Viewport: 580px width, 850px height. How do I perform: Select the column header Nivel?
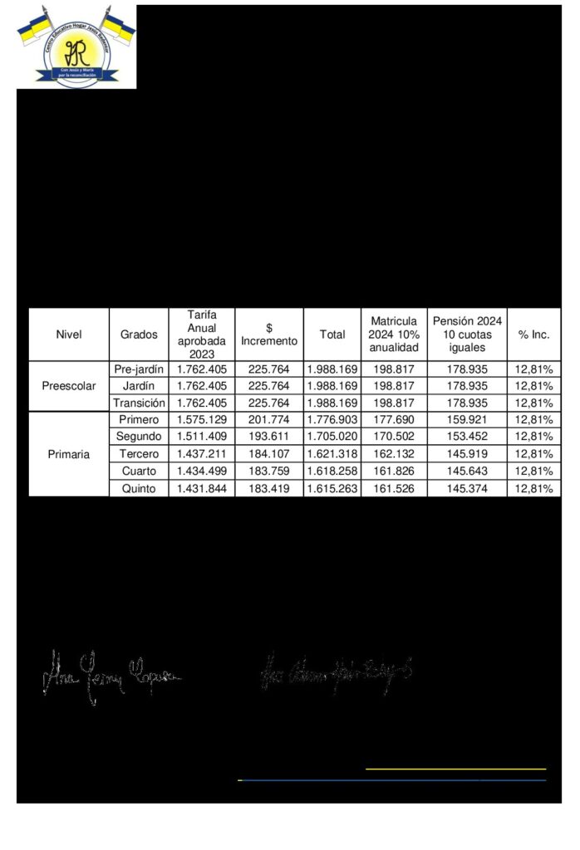click(69, 335)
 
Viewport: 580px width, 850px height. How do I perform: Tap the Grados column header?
click(138, 335)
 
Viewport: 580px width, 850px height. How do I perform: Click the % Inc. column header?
click(533, 335)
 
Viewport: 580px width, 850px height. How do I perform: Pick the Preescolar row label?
click(69, 386)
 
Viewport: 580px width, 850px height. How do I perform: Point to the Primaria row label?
click(69, 455)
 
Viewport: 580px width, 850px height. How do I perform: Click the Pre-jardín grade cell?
click(138, 369)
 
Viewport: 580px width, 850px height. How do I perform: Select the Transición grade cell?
click(138, 403)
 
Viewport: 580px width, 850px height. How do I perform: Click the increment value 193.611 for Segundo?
click(269, 437)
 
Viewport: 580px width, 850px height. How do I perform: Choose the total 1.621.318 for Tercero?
click(332, 455)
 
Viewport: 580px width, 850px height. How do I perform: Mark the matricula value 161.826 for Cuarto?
click(394, 471)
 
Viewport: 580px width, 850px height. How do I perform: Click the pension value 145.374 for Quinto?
click(467, 489)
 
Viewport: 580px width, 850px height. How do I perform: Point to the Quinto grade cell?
click(138, 489)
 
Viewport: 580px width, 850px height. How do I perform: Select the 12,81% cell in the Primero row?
click(533, 420)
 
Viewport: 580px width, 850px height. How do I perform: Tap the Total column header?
click(332, 335)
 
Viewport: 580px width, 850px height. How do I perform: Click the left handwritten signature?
click(112, 677)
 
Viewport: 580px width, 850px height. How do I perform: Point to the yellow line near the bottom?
click(455, 769)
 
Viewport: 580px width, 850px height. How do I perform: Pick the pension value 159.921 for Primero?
click(467, 420)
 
